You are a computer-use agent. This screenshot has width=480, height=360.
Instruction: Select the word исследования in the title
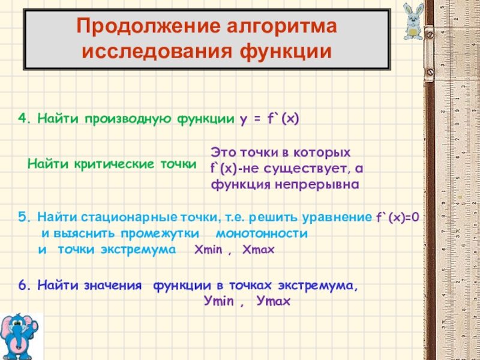pos(157,52)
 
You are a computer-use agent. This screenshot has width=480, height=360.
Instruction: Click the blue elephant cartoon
pos(19,336)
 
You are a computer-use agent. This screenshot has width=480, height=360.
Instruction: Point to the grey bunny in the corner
pos(413,22)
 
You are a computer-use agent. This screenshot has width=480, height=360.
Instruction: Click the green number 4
pos(23,118)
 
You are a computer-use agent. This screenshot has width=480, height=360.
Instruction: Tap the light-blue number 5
pos(23,217)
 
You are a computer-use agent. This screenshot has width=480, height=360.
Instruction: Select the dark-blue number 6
pos(23,286)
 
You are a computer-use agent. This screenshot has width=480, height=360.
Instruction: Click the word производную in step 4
pos(128,119)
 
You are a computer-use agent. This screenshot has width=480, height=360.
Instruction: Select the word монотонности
pos(262,233)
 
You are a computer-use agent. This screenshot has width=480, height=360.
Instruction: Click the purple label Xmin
pos(208,250)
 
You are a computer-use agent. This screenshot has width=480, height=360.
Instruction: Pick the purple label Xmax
pos(259,250)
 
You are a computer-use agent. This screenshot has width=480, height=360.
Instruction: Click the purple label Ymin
pos(218,301)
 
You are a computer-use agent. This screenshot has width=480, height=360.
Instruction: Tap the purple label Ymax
pos(274,301)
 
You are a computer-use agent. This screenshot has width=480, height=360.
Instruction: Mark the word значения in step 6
pos(113,286)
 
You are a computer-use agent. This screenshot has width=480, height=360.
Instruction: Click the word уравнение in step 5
pos(337,218)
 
